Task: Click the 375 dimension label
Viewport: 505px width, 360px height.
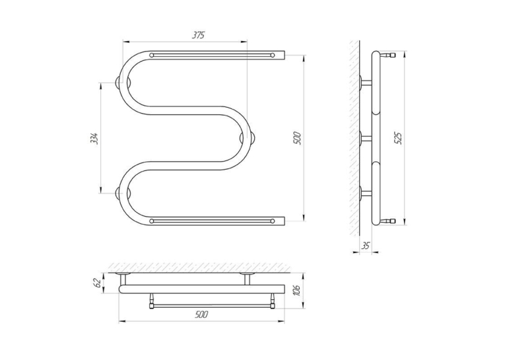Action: click(199, 35)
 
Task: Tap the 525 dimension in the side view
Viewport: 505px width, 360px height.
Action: click(399, 138)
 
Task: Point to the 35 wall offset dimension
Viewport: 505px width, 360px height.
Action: click(365, 246)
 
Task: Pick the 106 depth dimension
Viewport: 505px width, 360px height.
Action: click(297, 291)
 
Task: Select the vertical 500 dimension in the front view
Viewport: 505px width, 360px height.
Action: click(297, 138)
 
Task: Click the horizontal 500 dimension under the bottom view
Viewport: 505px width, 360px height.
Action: click(201, 314)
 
